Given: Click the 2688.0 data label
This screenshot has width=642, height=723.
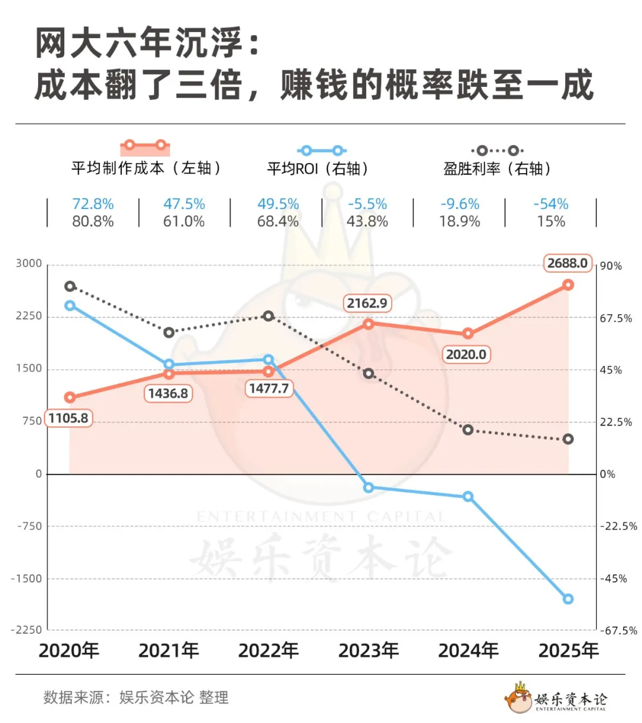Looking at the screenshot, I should pyautogui.click(x=567, y=263).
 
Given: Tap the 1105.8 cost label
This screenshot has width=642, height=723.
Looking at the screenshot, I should pyautogui.click(x=68, y=418).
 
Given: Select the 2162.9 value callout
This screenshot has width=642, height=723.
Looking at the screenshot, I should pyautogui.click(x=367, y=303).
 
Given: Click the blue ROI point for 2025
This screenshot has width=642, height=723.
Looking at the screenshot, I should pyautogui.click(x=568, y=599).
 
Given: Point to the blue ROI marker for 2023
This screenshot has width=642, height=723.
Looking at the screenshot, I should pyautogui.click(x=369, y=487).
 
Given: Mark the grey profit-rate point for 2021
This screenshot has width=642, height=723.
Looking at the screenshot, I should pyautogui.click(x=169, y=333).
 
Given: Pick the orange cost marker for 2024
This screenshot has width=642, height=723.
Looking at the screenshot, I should pyautogui.click(x=468, y=333).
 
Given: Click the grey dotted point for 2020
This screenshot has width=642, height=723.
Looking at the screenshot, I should pyautogui.click(x=70, y=286).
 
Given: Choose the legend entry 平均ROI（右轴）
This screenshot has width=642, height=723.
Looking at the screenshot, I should pyautogui.click(x=317, y=168).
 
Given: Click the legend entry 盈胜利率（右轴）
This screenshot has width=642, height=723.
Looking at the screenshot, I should pyautogui.click(x=497, y=168).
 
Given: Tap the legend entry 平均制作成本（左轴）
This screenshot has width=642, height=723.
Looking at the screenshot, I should pyautogui.click(x=146, y=168).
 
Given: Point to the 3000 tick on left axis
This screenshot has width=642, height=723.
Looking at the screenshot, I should pyautogui.click(x=29, y=264).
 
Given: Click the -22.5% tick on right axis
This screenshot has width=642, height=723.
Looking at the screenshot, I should pyautogui.click(x=618, y=526).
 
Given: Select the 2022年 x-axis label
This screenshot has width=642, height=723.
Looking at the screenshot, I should pyautogui.click(x=268, y=650).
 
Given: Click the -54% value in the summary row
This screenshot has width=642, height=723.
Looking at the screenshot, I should pyautogui.click(x=550, y=204).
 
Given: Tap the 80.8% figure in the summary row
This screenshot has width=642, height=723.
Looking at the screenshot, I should pyautogui.click(x=93, y=222).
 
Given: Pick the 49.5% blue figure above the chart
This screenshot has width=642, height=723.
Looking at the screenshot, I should pyautogui.click(x=278, y=204).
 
